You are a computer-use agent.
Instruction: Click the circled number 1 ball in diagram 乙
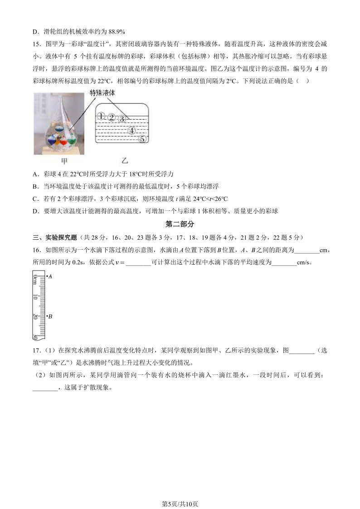102,116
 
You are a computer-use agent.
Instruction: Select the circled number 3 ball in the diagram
122,119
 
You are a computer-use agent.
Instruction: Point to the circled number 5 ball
142,139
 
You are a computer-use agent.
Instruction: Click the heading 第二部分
180,224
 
